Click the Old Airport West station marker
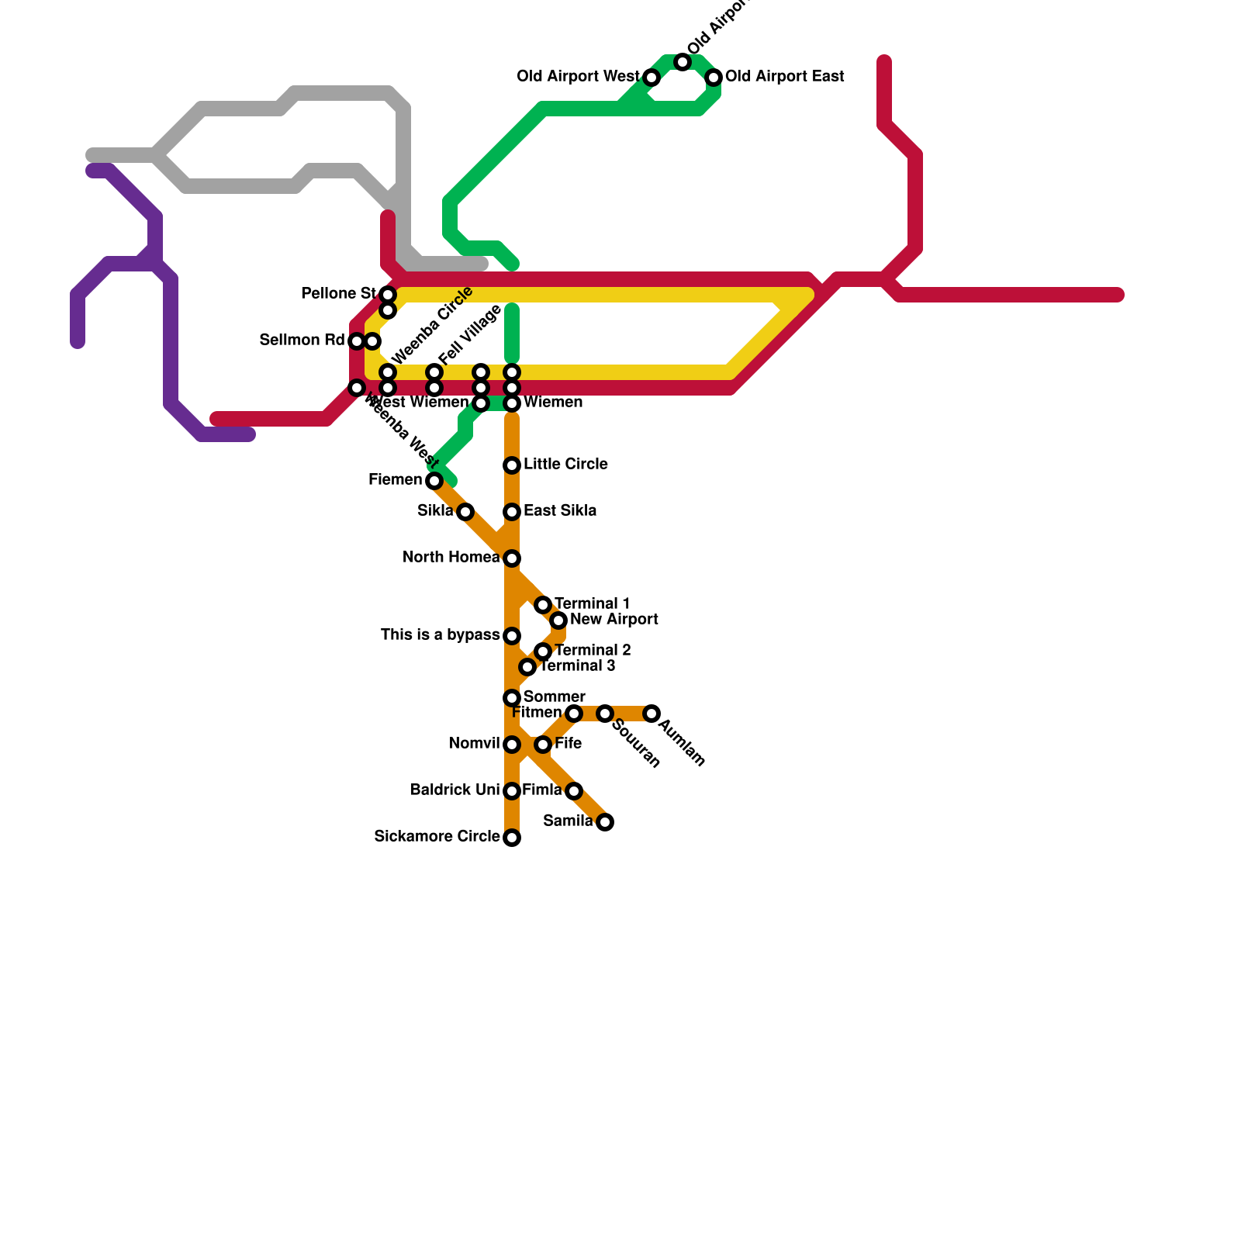pos(652,78)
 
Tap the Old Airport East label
pos(784,77)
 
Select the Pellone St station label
pos(338,294)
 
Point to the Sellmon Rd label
pos(302,340)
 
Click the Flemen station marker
pos(434,481)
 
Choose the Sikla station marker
pos(465,512)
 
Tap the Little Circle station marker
pos(512,465)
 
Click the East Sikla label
pos(559,511)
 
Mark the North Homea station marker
pos(512,558)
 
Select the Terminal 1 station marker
pos(543,605)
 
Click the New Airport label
pos(614,620)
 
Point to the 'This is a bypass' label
pos(440,635)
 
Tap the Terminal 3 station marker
pos(527,667)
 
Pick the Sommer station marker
pos(512,698)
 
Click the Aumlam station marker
pos(652,714)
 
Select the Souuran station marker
pos(605,714)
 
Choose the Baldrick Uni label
pos(455,790)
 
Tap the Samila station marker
pos(605,822)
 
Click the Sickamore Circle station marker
pos(512,838)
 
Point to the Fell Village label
pos(470,335)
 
